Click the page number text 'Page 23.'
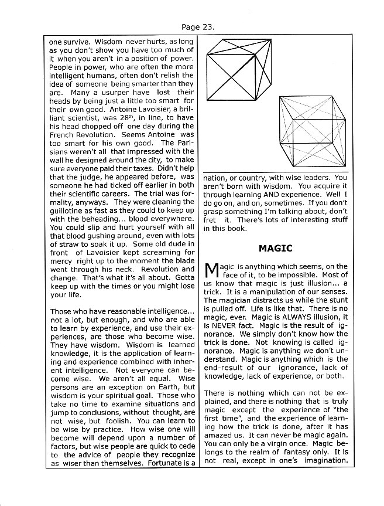(191, 26)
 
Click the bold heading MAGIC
(275, 249)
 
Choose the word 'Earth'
(160, 388)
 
